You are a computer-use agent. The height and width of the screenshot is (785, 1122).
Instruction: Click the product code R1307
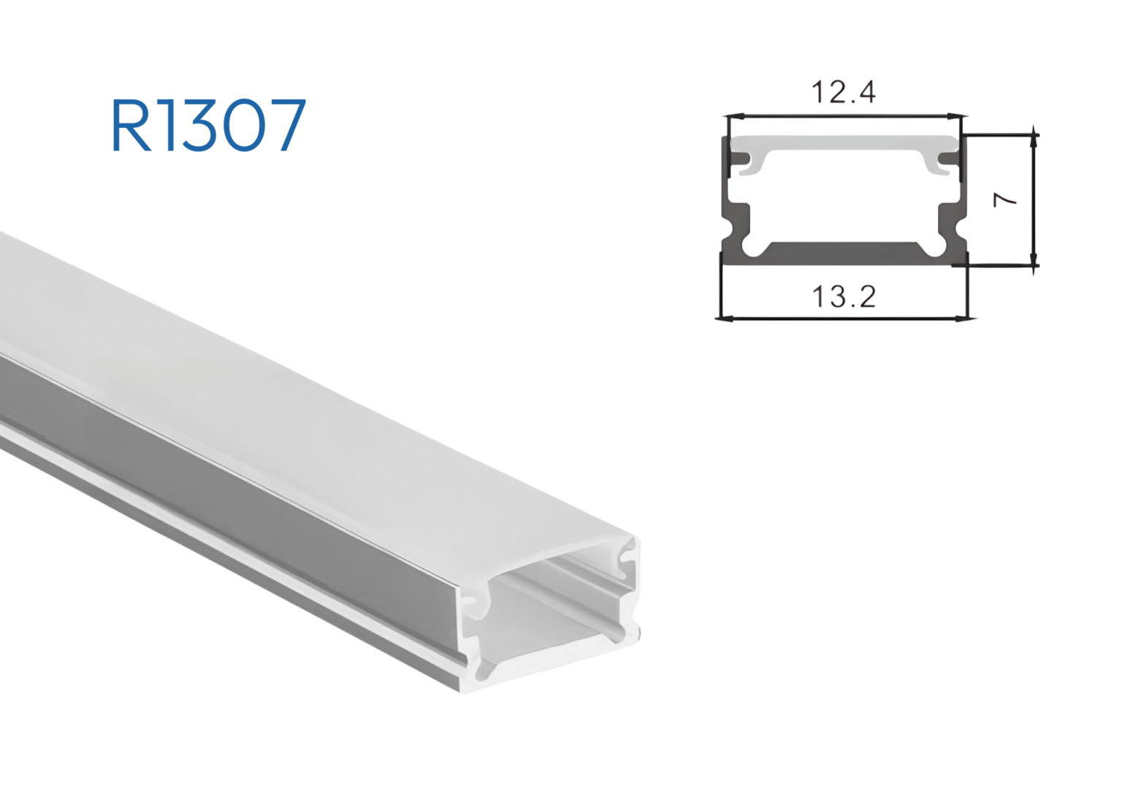208,126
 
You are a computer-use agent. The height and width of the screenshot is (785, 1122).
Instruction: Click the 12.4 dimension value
843,93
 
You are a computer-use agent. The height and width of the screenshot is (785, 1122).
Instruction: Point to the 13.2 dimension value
844,296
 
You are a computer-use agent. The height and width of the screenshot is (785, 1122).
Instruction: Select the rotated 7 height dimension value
1007,199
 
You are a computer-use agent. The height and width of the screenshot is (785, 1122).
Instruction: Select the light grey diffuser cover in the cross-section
844,143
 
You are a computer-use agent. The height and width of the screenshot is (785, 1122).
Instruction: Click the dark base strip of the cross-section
844,253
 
